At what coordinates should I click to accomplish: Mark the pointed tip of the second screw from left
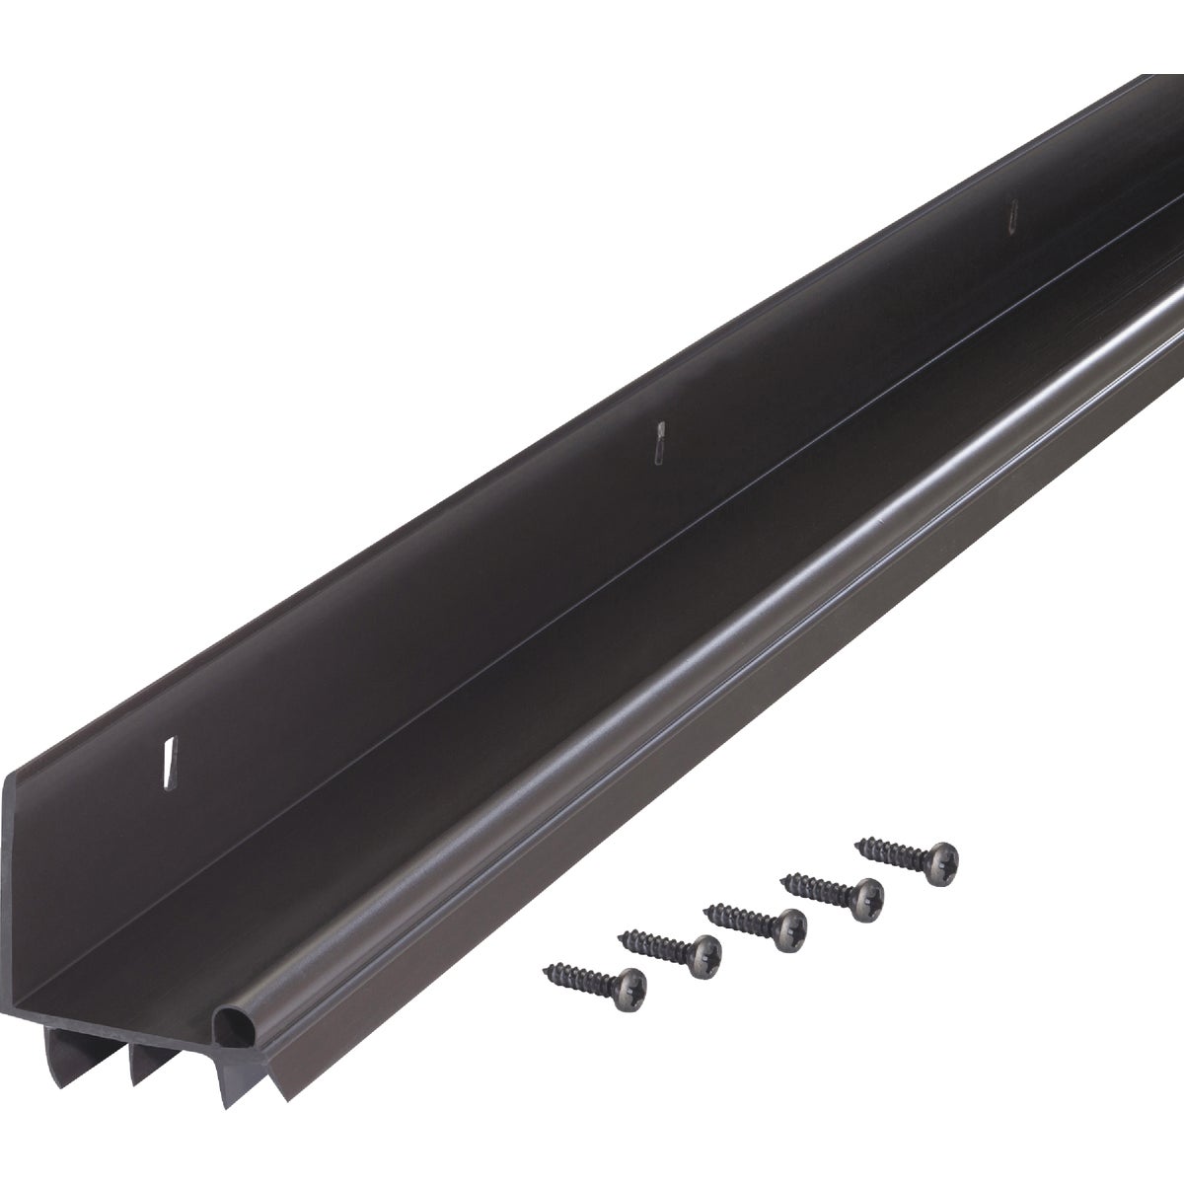[x=619, y=934]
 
